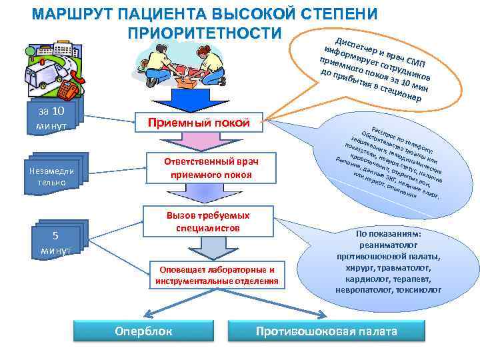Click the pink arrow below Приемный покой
click(x=201, y=142)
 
